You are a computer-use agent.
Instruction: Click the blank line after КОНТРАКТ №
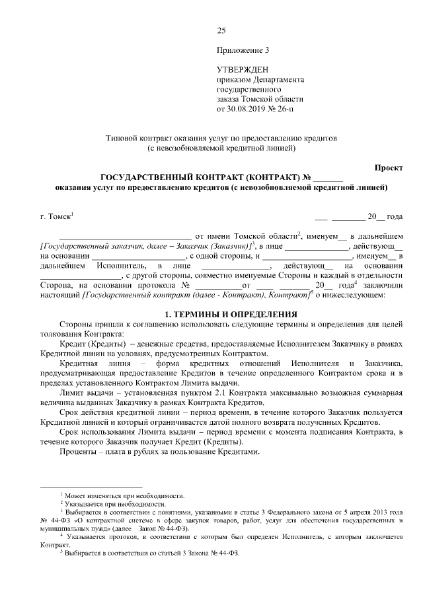pos(328,177)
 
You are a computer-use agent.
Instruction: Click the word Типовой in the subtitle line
pos(120,139)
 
